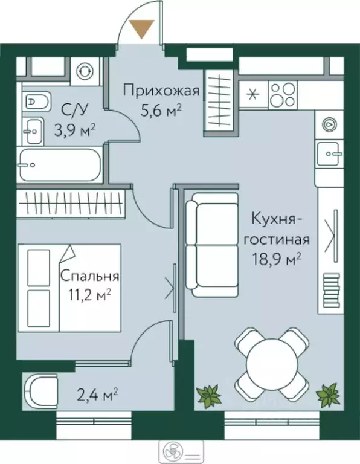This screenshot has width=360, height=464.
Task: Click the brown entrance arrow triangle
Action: click(143, 28)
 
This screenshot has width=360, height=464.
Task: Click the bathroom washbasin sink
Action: click(33, 129)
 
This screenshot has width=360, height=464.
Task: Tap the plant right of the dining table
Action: click(329, 396)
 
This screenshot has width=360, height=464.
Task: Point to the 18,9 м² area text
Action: click(277, 259)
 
